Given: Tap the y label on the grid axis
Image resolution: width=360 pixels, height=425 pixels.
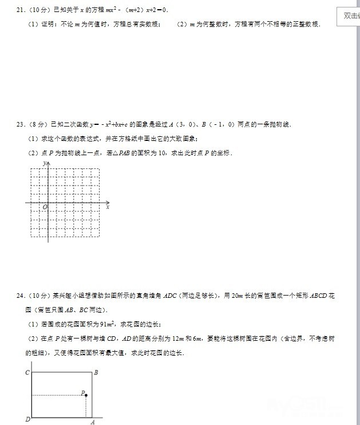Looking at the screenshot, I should (44, 164).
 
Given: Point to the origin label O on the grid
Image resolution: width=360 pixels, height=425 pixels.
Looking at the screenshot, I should (45, 207).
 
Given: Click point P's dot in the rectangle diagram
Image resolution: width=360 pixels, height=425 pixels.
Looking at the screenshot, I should (86, 395).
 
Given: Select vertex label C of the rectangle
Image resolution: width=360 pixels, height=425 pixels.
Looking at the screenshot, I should (27, 373).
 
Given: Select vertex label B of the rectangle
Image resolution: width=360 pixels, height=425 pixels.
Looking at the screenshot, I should (96, 373).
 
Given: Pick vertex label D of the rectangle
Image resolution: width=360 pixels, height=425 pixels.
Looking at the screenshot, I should (27, 420).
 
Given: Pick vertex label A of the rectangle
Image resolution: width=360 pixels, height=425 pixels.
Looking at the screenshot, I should (92, 422).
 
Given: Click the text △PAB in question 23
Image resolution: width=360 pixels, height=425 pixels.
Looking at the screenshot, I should (120, 153).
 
